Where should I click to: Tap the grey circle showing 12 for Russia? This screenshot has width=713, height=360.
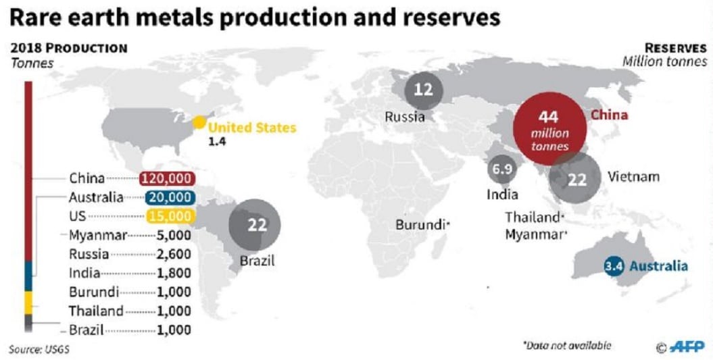pos(424,90)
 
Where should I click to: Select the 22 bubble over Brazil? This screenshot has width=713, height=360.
pos(257,226)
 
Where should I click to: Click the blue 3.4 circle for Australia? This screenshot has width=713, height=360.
pos(614,266)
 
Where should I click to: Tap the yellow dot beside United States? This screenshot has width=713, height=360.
pos(199,123)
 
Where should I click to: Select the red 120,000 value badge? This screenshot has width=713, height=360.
pos(166,179)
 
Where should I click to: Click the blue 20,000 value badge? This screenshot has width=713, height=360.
pos(169,198)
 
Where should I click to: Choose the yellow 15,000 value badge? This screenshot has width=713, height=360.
pos(169,217)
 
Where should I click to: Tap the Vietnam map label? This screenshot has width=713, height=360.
pos(633,177)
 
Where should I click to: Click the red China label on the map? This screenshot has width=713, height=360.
pos(610,115)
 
